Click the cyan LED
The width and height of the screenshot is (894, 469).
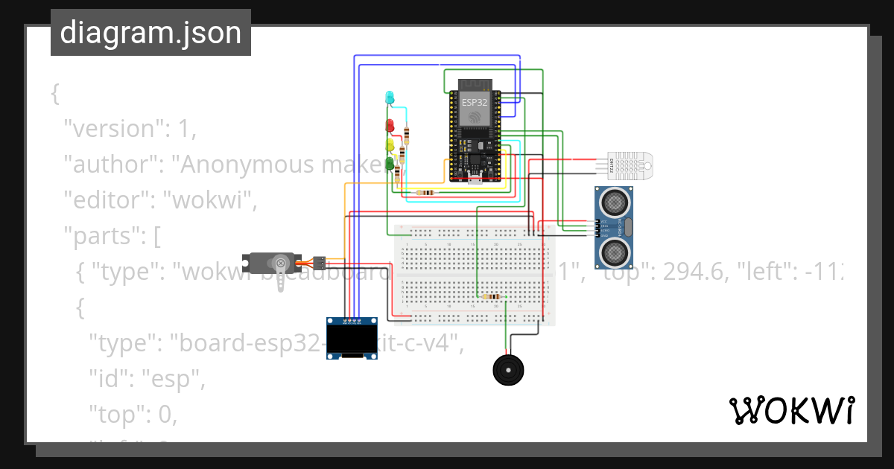tap(389, 98)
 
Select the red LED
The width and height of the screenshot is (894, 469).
tap(389, 125)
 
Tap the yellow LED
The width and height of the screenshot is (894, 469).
tap(389, 144)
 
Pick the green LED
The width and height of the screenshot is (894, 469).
tap(389, 162)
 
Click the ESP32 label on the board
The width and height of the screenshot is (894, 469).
tap(475, 102)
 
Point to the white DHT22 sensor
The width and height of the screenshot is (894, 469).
tap(630, 163)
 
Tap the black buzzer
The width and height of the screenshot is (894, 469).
tap(510, 369)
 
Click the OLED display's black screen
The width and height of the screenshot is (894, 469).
tap(352, 340)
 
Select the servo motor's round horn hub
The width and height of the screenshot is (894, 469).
tap(281, 262)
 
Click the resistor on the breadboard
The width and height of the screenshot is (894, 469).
tap(491, 296)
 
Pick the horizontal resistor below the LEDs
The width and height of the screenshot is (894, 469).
tap(425, 192)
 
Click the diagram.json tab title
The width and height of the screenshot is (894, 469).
tap(150, 33)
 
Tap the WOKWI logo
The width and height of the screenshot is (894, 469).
tap(791, 410)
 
